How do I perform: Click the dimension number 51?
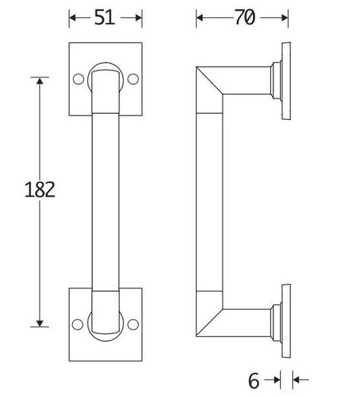(x=105, y=17)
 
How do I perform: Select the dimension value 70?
(x=243, y=17)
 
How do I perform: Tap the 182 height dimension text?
(x=39, y=189)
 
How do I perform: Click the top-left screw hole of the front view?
(x=77, y=78)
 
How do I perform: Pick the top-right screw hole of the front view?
(x=134, y=78)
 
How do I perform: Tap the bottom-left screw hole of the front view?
(x=77, y=324)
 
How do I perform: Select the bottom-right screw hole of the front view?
(x=134, y=324)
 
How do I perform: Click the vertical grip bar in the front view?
(x=106, y=201)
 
